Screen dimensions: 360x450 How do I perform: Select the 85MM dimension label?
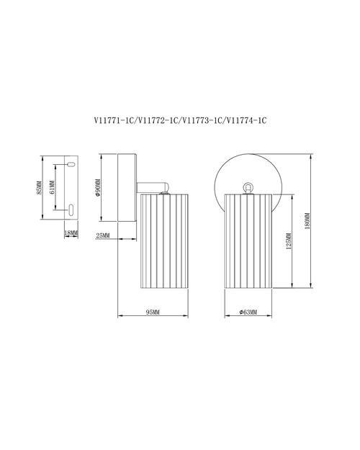coord(40,188)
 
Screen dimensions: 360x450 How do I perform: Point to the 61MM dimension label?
coord(52,187)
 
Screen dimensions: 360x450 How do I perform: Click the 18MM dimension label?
coord(71,233)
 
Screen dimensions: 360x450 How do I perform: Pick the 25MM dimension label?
coord(103,236)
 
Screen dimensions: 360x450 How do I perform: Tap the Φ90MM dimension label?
coord(97,188)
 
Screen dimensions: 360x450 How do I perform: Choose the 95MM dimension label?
coord(153,312)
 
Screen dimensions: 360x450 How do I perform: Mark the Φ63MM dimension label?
coord(248,312)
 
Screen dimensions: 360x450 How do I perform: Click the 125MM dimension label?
coord(289,241)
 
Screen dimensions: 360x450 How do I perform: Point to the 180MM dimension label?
coord(307,221)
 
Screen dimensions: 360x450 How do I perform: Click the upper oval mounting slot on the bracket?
coord(71,165)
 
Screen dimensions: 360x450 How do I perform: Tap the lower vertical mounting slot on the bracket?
coord(71,210)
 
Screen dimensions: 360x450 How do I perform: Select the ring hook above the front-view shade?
coord(248,188)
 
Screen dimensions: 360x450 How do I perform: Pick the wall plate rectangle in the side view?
coord(127,188)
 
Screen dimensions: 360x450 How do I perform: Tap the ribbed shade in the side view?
coord(164,240)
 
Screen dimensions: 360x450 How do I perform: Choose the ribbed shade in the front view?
coord(248,240)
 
